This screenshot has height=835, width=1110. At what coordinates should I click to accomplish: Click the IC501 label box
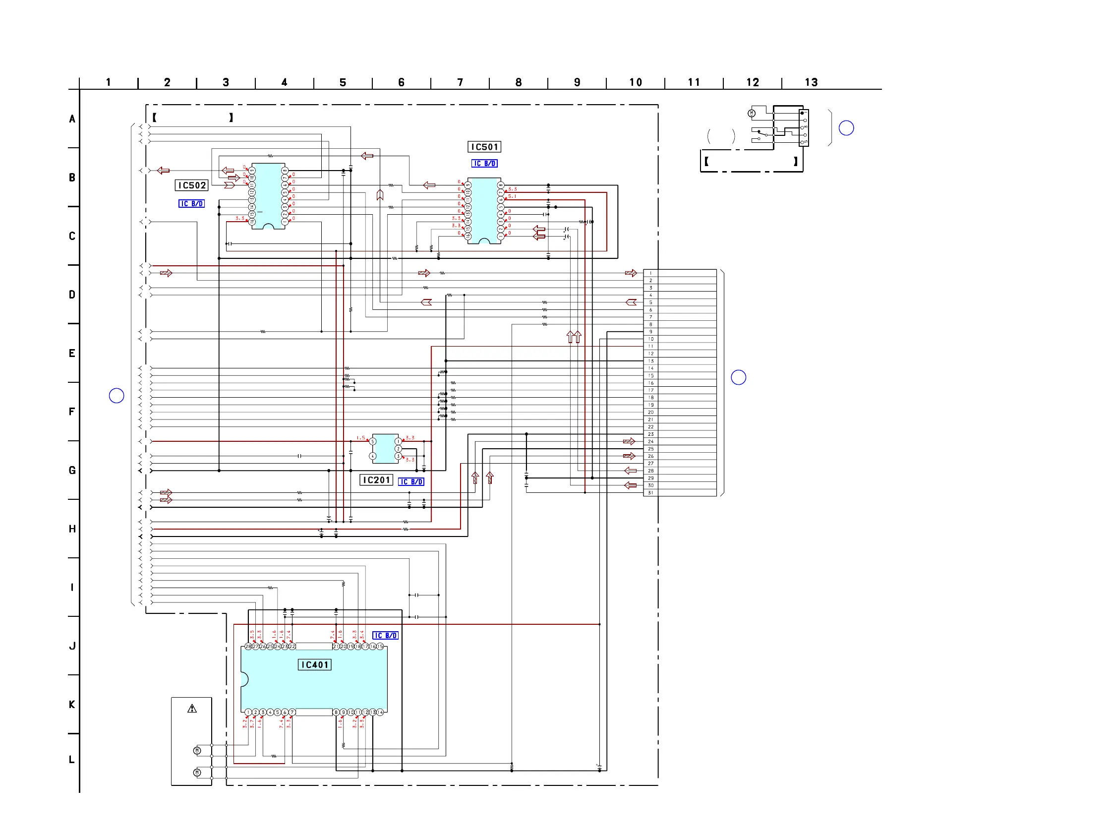[x=484, y=147]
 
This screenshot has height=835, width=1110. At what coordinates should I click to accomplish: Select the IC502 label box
[x=192, y=185]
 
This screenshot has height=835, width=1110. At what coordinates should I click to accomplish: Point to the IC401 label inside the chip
[x=315, y=665]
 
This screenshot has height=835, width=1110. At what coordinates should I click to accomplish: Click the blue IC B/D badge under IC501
[x=484, y=164]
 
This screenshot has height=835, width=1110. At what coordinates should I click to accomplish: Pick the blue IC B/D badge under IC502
[x=192, y=204]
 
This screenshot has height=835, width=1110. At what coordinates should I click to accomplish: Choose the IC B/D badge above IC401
[x=385, y=636]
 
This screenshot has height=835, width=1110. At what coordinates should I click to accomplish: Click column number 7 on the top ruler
[x=460, y=82]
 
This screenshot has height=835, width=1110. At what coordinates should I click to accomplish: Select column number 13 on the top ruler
[x=811, y=82]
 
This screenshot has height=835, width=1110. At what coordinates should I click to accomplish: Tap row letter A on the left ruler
[x=72, y=119]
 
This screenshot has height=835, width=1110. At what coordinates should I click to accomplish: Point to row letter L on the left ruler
[x=72, y=760]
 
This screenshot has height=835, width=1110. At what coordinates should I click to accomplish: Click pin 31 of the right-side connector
[x=651, y=493]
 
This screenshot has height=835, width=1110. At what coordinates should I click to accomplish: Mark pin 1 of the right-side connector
[x=651, y=273]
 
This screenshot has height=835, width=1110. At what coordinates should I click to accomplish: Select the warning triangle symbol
[x=192, y=709]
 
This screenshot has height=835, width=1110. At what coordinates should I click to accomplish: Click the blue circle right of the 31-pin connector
[x=738, y=377]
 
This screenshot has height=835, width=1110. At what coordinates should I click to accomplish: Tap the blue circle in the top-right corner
[x=846, y=128]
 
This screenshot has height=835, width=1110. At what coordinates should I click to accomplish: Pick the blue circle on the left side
[x=117, y=396]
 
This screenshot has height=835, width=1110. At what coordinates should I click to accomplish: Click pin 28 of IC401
[x=248, y=647]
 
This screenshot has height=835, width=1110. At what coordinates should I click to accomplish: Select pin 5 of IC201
[x=372, y=442]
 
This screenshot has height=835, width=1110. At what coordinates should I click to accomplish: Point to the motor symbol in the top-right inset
[x=752, y=114]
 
